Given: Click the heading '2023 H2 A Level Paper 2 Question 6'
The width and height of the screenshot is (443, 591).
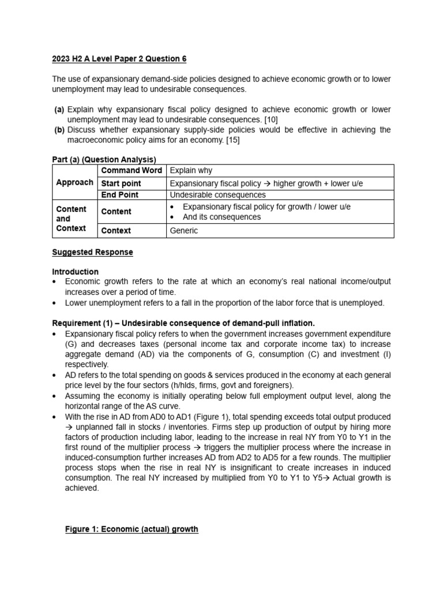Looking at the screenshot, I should coord(119,59).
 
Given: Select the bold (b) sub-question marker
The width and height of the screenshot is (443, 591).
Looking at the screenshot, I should coord(59,130).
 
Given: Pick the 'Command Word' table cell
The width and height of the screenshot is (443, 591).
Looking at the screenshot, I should coord(132,170).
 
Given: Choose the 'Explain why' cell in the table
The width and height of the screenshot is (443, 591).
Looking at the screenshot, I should coord(191,170).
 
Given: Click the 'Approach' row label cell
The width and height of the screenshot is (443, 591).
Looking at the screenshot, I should coord(74,182).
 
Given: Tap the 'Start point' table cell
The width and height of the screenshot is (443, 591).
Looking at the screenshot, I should coord(121,184).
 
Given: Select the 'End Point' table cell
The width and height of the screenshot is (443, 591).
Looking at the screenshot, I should coord(119,195).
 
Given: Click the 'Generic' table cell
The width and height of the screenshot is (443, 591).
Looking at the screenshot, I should coord(183,231).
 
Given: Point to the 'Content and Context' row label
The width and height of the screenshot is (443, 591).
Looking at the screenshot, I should coord(72,219).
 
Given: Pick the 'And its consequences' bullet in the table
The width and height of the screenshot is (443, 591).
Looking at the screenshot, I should coord(221,217).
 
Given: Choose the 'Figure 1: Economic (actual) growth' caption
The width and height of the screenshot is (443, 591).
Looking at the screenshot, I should coord(132,529).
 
